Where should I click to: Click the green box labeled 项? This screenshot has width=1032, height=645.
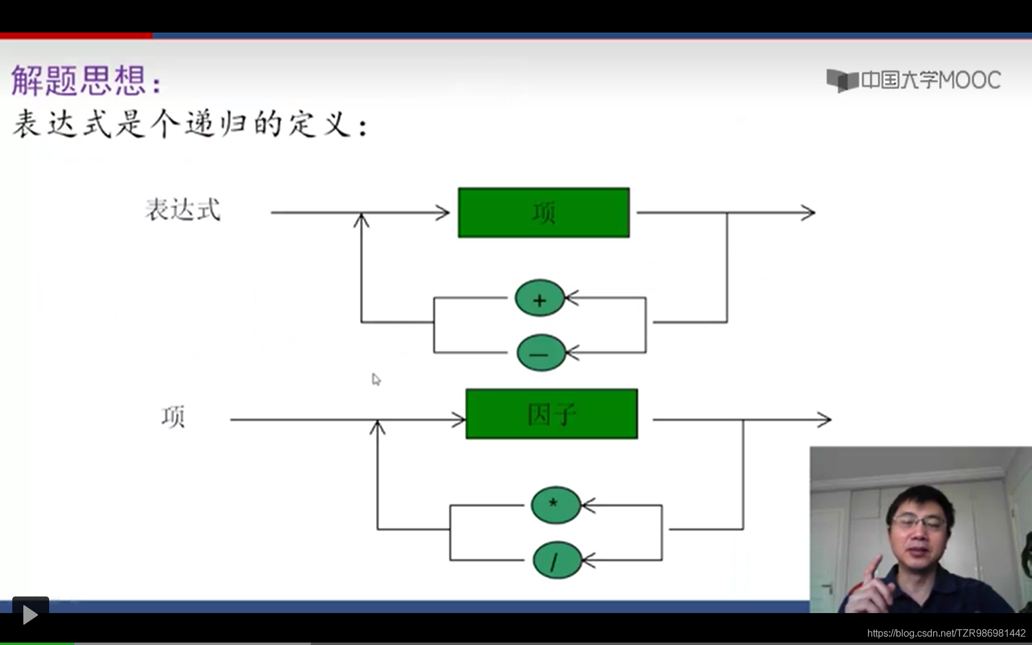pos(544,213)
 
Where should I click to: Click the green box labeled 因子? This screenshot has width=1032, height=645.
pos(552,413)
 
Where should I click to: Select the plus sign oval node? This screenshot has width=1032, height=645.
pos(539,299)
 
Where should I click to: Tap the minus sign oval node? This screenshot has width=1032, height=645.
pos(541,353)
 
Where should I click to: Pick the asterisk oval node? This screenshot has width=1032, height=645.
pos(555,505)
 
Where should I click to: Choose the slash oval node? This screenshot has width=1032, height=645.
pos(557,560)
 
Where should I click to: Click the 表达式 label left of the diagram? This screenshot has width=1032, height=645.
pos(182,210)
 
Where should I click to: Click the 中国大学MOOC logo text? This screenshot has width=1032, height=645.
pos(930,80)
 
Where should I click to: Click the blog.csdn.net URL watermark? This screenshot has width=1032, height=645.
pos(946,633)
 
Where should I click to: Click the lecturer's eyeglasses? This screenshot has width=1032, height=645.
pos(919,523)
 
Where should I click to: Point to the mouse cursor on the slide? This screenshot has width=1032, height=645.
pos(376,379)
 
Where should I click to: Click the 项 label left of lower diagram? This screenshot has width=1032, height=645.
pos(173,417)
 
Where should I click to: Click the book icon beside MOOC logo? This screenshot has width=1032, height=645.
pos(842,80)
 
